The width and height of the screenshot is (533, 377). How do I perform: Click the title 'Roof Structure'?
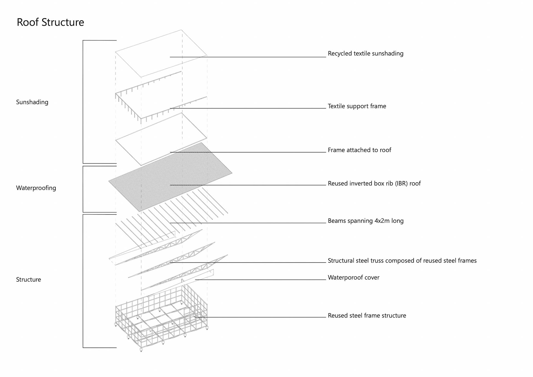click(x=50, y=22)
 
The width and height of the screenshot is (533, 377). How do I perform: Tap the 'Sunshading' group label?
click(x=32, y=102)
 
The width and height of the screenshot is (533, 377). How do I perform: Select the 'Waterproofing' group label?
click(x=36, y=188)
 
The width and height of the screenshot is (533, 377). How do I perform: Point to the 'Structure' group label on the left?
click(x=29, y=280)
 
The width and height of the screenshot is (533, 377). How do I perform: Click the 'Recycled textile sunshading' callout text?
click(x=365, y=54)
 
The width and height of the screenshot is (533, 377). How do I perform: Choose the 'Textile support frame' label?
click(x=357, y=106)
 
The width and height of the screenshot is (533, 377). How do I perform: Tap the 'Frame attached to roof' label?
click(x=359, y=150)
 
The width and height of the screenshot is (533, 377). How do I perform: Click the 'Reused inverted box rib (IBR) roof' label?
click(x=374, y=184)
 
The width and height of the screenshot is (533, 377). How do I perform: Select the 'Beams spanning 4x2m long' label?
click(x=365, y=221)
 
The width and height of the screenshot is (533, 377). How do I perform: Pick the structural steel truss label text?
click(x=402, y=261)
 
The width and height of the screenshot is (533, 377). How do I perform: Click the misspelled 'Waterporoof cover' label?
click(x=353, y=278)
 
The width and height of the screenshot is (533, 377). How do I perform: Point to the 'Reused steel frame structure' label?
click(x=367, y=316)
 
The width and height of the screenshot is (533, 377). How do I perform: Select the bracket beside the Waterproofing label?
click(x=83, y=189)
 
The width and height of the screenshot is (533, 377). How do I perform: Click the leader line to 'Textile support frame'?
click(x=250, y=108)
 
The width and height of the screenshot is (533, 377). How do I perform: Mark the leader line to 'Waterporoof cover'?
click(x=261, y=280)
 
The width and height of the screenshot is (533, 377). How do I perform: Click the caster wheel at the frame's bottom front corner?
click(x=141, y=349)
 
